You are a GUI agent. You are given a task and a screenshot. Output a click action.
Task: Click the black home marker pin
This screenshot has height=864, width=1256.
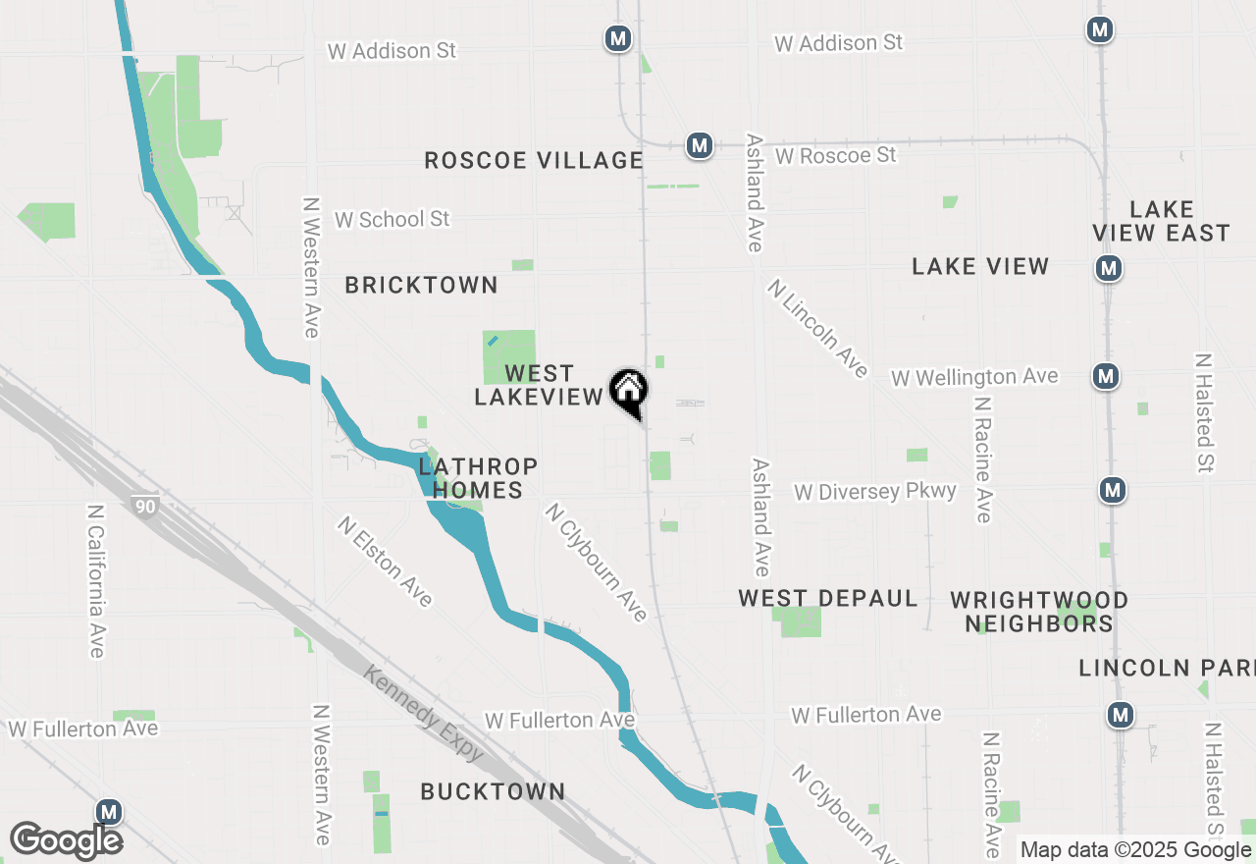click(629, 392)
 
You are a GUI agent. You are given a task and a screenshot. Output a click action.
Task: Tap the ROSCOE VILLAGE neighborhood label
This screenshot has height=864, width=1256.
click(534, 160)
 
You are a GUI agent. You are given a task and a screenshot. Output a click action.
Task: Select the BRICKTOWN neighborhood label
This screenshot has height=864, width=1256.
click(422, 286)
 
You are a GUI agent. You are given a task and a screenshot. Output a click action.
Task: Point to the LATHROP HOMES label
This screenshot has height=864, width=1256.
click(478, 477)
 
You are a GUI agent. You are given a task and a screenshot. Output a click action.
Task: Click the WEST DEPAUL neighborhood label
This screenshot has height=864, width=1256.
click(828, 599)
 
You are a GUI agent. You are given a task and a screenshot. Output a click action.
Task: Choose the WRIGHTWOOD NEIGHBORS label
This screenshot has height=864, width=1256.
click(1039, 612)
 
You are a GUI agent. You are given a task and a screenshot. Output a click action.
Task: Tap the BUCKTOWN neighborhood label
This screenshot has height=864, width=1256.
click(493, 791)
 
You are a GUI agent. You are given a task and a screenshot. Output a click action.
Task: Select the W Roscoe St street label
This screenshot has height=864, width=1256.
click(835, 156)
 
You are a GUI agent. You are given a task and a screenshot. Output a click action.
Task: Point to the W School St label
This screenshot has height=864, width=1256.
click(392, 220)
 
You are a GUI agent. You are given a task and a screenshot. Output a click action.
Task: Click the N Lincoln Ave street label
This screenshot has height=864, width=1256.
click(818, 328)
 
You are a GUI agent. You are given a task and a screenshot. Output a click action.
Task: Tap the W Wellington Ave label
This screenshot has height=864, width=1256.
click(974, 377)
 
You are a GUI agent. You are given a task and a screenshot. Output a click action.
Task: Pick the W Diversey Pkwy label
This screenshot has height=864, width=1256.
click(875, 491)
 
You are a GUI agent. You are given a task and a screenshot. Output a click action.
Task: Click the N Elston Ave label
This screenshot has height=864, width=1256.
click(385, 561)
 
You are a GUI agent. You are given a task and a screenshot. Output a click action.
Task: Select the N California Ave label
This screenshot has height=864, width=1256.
click(96, 581)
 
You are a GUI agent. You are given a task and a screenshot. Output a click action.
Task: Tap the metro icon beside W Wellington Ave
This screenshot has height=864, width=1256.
click(1106, 375)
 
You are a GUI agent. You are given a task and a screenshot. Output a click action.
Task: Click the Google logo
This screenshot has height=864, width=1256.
click(66, 840)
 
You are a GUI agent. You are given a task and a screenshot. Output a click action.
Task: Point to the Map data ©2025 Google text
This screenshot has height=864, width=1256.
click(1135, 850)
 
